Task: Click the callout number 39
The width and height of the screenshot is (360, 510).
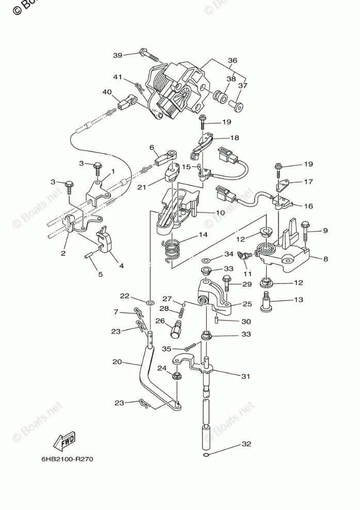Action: (118, 55)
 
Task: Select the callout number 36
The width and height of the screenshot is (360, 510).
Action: (233, 60)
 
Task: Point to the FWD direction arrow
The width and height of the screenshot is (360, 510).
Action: (64, 442)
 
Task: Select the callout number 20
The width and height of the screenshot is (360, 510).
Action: (117, 362)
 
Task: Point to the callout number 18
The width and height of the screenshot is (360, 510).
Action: (235, 138)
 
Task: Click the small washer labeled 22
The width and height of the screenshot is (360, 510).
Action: (149, 300)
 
